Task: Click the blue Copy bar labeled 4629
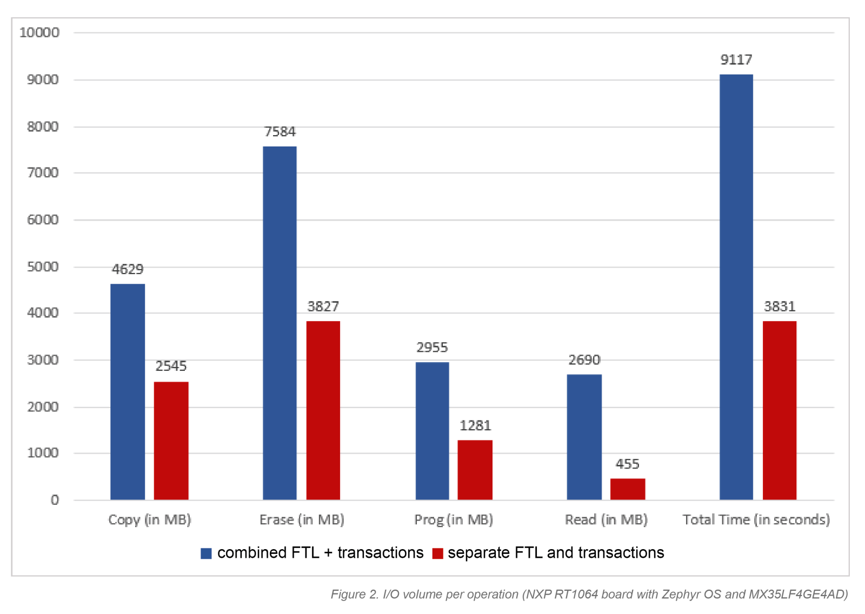pos(128,391)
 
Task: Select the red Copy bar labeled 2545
pos(171,441)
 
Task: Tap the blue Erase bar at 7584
pos(280,323)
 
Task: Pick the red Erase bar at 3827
pos(323,410)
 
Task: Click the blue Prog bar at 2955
pos(432,431)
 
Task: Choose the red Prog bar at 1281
pos(475,470)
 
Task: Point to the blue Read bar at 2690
pos(584,437)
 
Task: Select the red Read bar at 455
pos(628,489)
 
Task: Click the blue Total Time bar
pos(736,287)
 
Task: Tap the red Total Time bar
pos(780,410)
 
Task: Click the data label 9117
pos(736,60)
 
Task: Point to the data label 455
pos(628,464)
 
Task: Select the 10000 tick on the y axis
pos(39,33)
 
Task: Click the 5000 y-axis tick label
pos(43,267)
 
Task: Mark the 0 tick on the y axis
pos(55,500)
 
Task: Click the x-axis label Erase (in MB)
pos(302,520)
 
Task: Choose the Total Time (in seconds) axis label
pos(756,520)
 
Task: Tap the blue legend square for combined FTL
pos(206,553)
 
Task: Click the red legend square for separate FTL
pos(438,553)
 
